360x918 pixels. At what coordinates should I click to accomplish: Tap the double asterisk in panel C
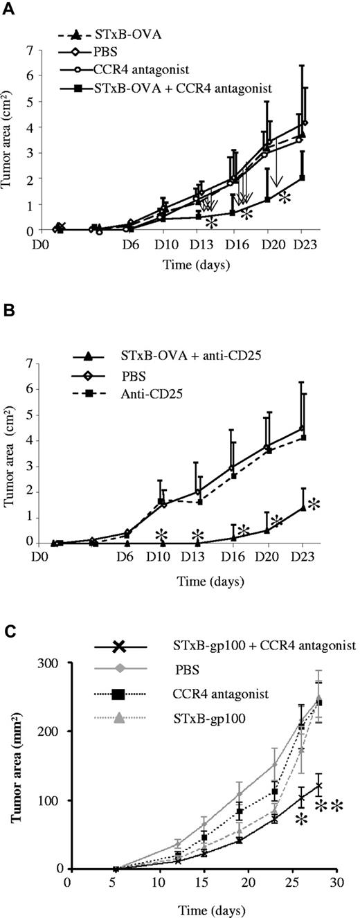[330, 808]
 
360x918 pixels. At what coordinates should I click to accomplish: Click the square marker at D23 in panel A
[301, 178]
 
